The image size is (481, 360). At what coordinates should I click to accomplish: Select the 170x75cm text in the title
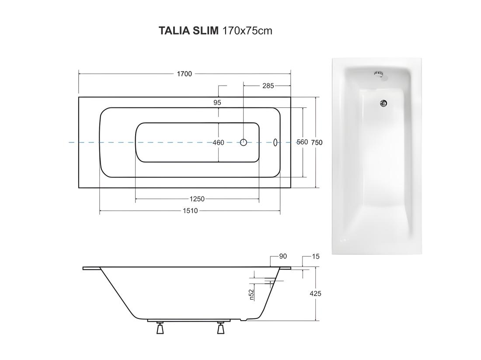(247, 31)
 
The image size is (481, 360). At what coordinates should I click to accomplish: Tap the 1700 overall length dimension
(184, 74)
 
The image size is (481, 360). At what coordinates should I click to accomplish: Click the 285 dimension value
(268, 86)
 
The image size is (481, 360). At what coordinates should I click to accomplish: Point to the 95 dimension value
(217, 103)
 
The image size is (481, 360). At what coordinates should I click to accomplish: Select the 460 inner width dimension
(218, 142)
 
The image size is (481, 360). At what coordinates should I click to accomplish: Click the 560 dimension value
(302, 142)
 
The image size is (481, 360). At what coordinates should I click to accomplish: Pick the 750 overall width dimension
(317, 142)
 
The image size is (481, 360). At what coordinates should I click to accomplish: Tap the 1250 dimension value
(197, 199)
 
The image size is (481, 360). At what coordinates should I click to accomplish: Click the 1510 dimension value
(190, 211)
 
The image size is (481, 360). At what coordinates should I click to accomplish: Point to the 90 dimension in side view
(283, 256)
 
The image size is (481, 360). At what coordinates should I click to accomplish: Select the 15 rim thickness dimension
(316, 256)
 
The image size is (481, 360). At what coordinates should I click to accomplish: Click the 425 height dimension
(315, 294)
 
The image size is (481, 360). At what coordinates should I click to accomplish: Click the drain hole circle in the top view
(243, 142)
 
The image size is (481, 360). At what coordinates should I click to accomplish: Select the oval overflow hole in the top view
(275, 142)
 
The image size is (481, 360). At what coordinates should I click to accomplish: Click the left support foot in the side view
(160, 328)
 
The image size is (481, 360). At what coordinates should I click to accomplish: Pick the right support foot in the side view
(220, 328)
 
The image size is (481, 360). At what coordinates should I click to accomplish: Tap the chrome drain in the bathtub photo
(383, 104)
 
